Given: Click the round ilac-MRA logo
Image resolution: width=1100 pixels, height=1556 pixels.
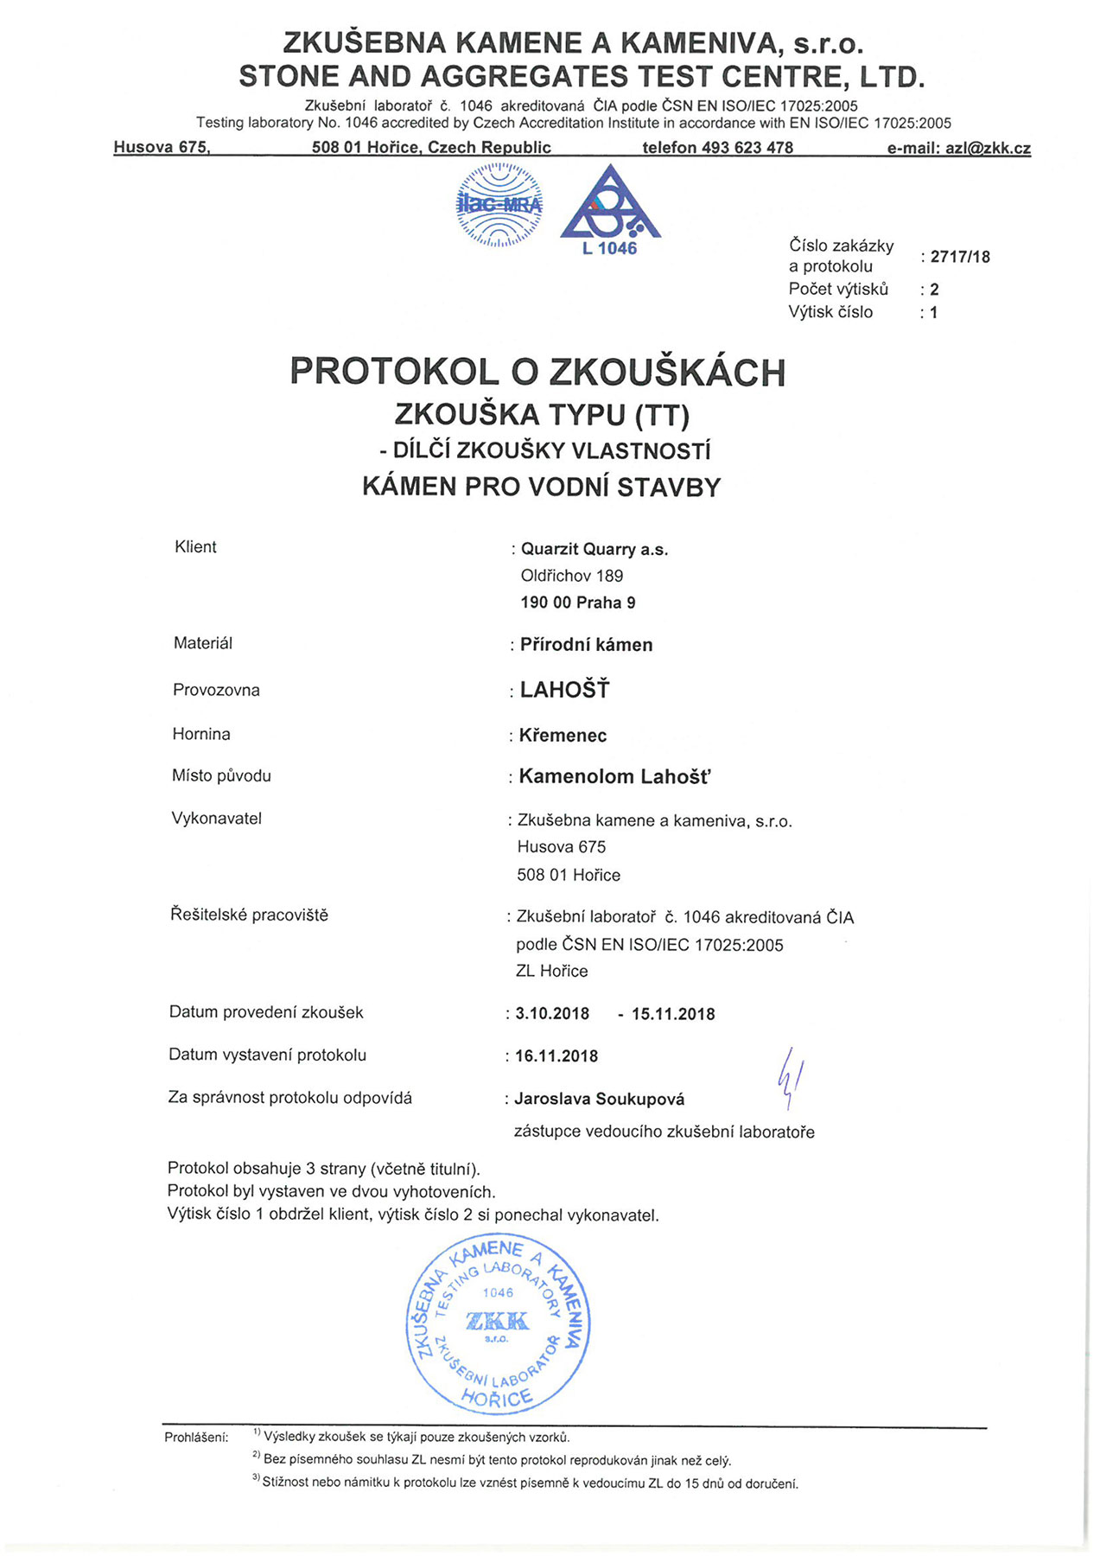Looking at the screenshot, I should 499,206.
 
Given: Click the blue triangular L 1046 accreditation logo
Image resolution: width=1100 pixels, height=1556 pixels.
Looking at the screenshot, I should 610,207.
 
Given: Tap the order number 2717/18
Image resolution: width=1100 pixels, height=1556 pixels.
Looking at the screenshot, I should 960,257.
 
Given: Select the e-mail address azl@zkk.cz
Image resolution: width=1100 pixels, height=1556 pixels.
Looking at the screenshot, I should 987,148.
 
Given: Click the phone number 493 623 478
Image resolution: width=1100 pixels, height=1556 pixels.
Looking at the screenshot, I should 747,148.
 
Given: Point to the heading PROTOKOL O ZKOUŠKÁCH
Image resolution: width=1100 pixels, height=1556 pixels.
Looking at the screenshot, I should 537,372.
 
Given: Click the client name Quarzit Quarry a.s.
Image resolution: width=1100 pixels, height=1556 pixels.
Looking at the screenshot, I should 595,549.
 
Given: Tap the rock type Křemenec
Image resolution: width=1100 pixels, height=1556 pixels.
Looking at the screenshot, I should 563,736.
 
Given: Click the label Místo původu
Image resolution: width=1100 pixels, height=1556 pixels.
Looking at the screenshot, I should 221,775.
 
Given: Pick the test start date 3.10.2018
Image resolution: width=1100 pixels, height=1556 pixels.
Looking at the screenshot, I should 552,1013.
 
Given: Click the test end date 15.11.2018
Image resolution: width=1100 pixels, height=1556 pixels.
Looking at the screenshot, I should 673,1014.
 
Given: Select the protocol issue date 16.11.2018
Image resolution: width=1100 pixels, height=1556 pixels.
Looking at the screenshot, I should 556,1055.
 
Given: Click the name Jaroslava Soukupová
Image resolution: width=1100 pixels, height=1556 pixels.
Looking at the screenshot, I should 599,1099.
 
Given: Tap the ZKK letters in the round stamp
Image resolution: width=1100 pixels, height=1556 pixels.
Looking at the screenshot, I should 497,1320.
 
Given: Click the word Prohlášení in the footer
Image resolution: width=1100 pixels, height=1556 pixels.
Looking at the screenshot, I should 196,1438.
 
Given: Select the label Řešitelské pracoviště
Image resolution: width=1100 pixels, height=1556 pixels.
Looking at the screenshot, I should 249,915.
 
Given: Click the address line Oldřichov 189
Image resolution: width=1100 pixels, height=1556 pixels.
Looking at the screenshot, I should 571,576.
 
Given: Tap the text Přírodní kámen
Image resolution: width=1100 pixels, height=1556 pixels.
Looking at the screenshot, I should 586,645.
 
